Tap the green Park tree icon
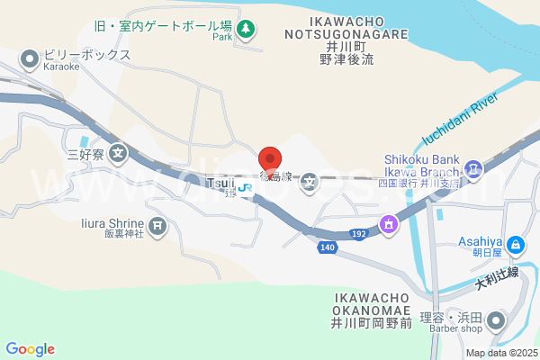point(244,31)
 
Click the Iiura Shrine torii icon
point(157,224)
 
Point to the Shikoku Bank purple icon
point(471,168)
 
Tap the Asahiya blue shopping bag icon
point(515,244)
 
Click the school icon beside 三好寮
point(118,154)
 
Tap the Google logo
point(30,348)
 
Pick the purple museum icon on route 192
point(389,222)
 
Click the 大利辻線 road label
point(497,278)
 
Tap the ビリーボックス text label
point(87,55)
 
